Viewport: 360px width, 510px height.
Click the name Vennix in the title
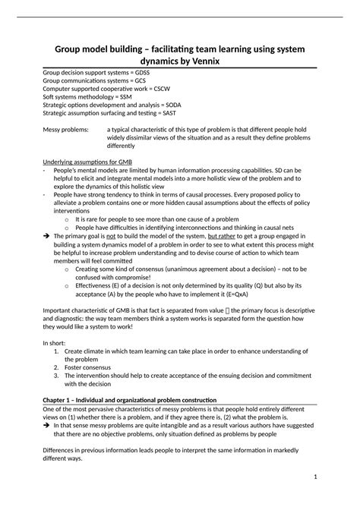pyautogui.click(x=203, y=61)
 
